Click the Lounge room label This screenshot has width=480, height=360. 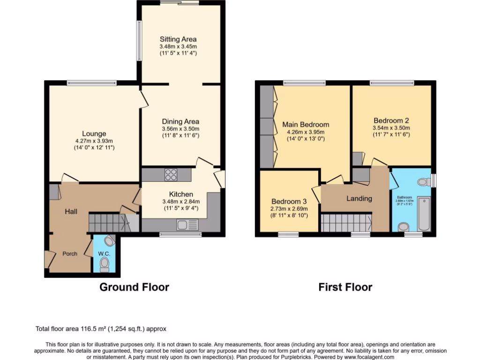(94, 134)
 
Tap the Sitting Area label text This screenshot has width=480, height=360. (178, 39)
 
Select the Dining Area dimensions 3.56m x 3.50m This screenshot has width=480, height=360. (180, 129)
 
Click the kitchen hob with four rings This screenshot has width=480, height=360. (171, 175)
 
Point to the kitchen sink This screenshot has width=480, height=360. (187, 225)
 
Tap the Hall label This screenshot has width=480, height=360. (71, 212)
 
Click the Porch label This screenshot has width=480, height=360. (70, 254)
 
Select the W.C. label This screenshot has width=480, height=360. (104, 254)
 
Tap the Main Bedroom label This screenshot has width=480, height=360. (305, 125)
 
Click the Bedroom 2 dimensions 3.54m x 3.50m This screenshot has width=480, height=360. (391, 128)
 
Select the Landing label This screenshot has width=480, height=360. (359, 198)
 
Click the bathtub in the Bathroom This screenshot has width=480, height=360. (424, 214)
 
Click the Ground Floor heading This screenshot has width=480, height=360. (134, 287)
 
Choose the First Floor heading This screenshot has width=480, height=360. (345, 287)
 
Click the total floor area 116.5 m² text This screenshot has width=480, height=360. (101, 329)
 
